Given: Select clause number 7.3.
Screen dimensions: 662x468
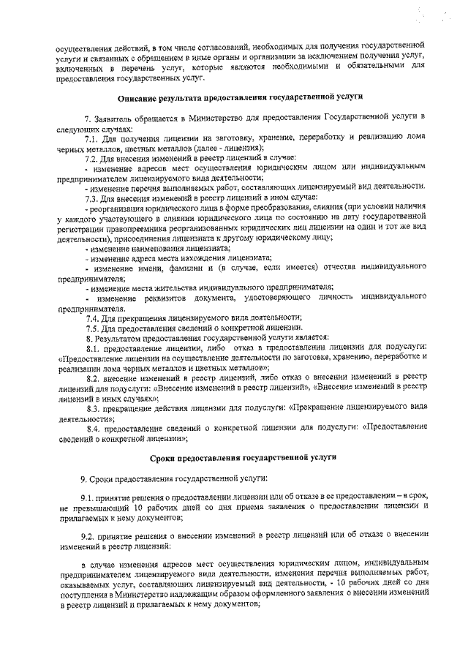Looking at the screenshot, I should tap(92, 198).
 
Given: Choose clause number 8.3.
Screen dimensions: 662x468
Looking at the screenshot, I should tap(92, 407).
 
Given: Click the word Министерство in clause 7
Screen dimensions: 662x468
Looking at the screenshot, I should tap(215, 117).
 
